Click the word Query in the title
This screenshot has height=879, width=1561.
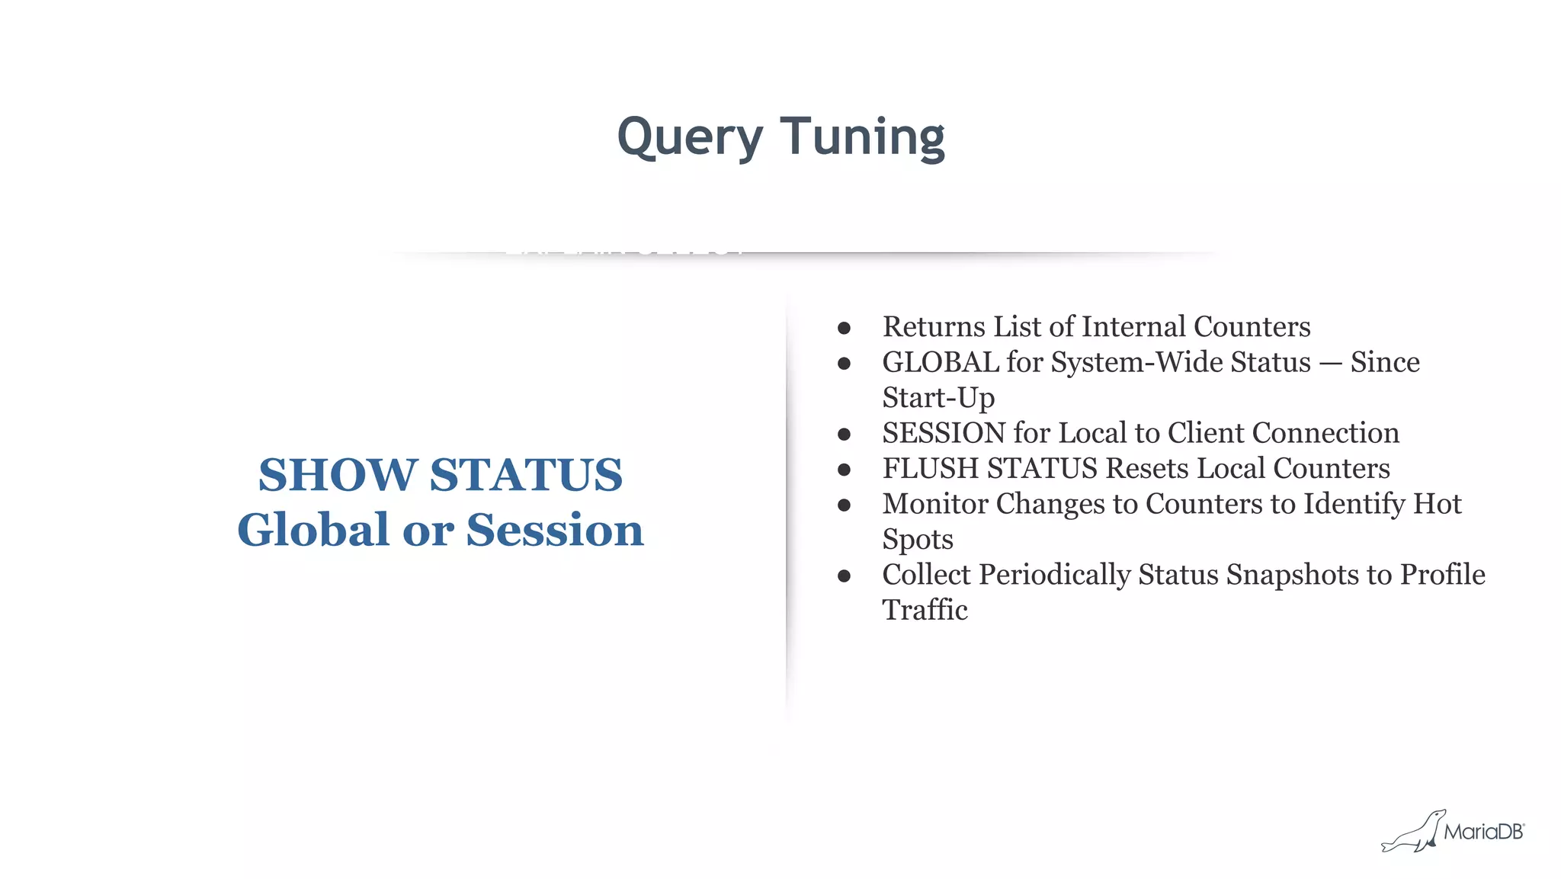690,137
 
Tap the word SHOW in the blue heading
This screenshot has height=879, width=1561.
337,475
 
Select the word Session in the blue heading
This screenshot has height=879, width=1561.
555,530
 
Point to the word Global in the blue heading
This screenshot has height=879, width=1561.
315,530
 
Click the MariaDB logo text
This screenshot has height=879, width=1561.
1483,832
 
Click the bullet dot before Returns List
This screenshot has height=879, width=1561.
844,328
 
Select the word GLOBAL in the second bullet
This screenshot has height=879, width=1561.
940,362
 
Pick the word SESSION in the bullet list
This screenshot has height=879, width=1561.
944,433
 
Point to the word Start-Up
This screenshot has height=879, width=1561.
938,398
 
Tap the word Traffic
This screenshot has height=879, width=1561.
925,610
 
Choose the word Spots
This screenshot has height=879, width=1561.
918,539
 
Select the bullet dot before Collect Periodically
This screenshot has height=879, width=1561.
844,576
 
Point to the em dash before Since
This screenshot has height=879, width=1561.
1330,363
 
